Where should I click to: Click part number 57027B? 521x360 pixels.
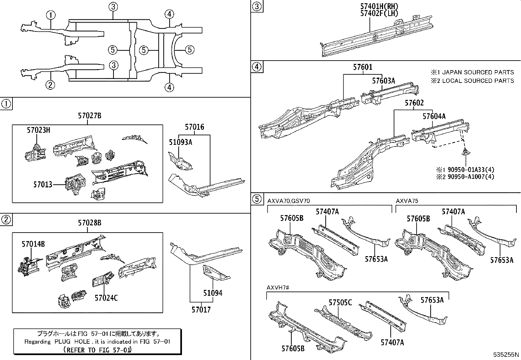coord(89,116)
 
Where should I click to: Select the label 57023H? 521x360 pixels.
coord(38,130)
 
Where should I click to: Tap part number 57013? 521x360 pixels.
coord(43,185)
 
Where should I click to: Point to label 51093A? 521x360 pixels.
coord(180,142)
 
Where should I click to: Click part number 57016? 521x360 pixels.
coord(194,127)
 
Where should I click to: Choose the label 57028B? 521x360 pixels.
coord(89,223)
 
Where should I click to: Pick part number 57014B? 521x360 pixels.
coord(33,244)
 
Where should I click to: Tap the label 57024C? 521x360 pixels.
coord(106,298)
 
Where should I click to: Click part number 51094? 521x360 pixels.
coord(213,293)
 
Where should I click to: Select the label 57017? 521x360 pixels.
coord(201,310)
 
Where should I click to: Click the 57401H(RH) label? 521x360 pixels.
coord(375,7)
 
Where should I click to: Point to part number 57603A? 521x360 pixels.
coord(383,81)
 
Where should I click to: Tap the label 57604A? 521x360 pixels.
coord(434,116)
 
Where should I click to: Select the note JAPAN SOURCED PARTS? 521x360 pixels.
coord(478,72)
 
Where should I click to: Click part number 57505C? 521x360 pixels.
coord(340,302)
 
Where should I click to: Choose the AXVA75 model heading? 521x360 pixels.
coord(407,201)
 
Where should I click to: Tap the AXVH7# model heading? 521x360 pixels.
coord(278,287)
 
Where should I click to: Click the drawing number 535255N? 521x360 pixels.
coord(507,355)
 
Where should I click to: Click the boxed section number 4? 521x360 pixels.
coord(257,67)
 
